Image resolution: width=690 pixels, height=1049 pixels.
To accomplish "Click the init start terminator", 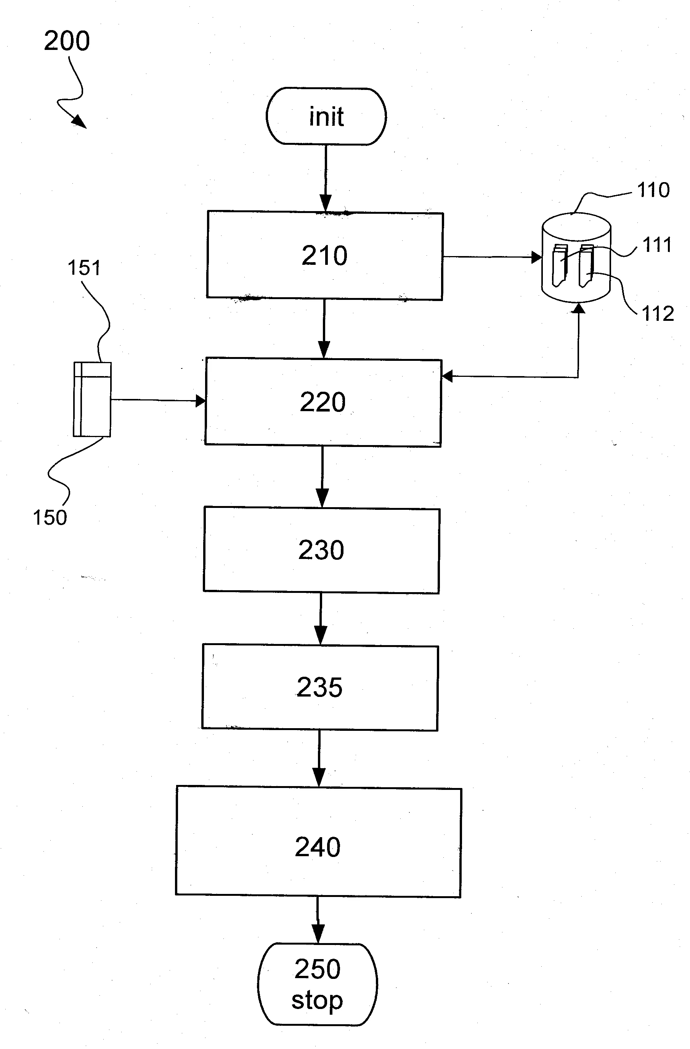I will coord(326,116).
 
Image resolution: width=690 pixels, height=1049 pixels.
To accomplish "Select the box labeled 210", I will coord(325,256).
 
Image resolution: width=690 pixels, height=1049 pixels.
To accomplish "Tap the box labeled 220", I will coord(323,402).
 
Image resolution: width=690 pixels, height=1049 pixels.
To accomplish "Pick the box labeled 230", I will coord(321,551).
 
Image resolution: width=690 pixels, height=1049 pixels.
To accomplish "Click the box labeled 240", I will coord(318,847).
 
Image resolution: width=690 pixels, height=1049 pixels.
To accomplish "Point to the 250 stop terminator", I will coord(318,984).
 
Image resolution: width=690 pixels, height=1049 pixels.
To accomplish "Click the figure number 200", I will coord(67,41).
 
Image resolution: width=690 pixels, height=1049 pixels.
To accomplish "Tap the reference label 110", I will coord(653,190).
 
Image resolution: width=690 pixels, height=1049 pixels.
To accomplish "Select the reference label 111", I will coord(657,245).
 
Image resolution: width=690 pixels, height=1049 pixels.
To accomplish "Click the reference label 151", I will coord(84,268).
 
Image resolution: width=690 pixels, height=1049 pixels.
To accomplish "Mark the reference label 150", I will coord(50,517).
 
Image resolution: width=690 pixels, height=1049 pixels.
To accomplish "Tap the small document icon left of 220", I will coord(92,399).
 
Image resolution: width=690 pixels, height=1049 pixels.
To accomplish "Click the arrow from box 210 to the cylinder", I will coord(492,256).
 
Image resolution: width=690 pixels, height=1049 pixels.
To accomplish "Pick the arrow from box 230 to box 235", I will coord(321,619).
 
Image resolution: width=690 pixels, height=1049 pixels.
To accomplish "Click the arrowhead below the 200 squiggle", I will coord(79,121).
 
